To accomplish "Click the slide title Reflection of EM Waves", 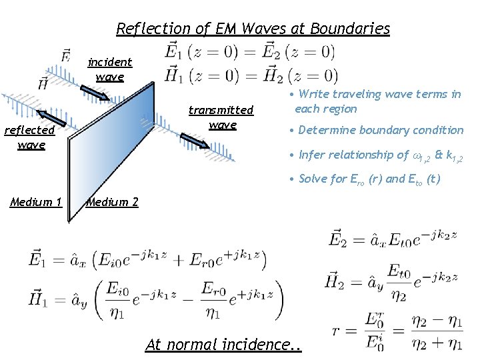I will pos(253,29).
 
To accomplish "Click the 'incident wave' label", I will pos(110,69).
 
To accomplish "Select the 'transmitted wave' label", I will pos(221,117).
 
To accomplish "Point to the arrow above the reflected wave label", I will pos(51,119).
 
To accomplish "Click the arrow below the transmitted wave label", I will pos(195,140).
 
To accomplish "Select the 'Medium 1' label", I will pos(36,202).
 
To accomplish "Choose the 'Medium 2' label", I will pos(113,202).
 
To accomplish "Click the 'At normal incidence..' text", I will pos(223,345).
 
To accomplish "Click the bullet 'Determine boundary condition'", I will pos(381,130).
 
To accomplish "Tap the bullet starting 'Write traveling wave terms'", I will pos(377,101).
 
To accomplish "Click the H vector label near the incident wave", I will pos(44,83).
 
